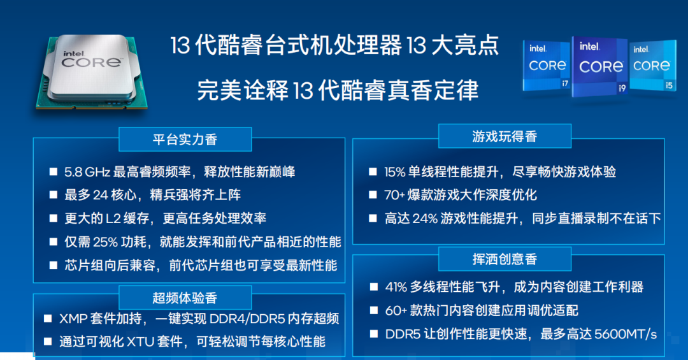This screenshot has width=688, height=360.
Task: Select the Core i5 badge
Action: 652,66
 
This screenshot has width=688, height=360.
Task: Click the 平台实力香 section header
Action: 185,139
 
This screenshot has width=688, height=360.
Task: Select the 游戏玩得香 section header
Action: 505,136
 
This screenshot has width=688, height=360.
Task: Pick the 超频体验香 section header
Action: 185,298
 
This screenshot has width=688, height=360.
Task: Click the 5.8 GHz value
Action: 88,172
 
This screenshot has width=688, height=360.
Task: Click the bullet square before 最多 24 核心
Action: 54,196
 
